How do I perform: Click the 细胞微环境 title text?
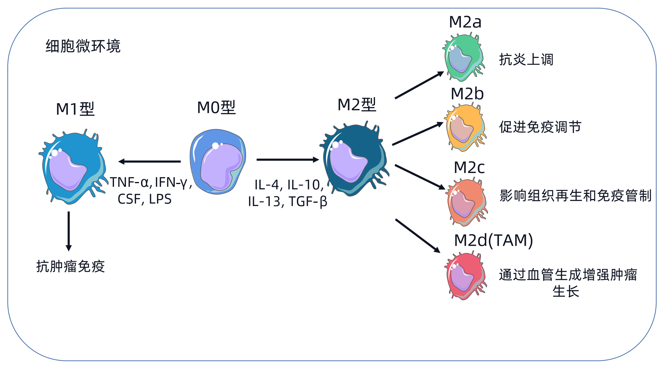click(83, 46)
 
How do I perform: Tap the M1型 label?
click(75, 109)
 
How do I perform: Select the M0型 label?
click(216, 107)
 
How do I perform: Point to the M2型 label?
click(357, 105)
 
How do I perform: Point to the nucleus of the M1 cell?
click(67, 170)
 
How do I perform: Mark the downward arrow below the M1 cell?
click(69, 230)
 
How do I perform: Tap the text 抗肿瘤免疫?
click(70, 266)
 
